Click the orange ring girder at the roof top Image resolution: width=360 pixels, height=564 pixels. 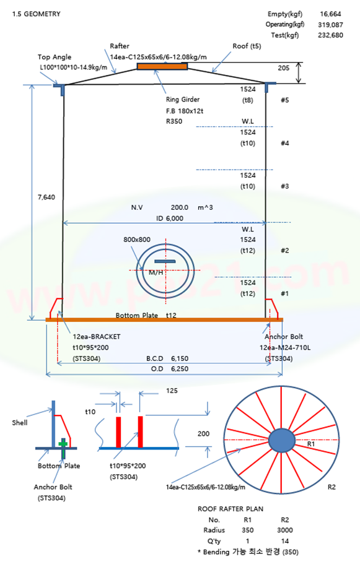click(x=162, y=66)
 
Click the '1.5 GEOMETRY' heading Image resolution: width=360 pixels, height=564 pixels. click(x=37, y=14)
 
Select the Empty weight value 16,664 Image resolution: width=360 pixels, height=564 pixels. click(x=330, y=14)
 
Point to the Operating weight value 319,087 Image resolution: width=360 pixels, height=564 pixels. click(x=330, y=25)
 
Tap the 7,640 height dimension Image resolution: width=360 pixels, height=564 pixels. click(x=46, y=197)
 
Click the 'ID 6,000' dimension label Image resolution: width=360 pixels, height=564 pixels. click(x=170, y=219)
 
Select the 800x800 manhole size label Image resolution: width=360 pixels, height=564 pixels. click(x=137, y=240)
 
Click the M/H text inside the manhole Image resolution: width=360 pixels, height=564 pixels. click(x=156, y=272)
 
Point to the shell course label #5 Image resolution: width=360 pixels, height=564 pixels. click(x=285, y=100)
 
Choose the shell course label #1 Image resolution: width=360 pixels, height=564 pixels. click(x=285, y=293)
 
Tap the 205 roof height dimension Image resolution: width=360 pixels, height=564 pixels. click(x=284, y=68)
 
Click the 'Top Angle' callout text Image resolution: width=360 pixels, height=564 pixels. click(x=55, y=57)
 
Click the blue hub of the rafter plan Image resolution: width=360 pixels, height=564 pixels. click(x=281, y=440)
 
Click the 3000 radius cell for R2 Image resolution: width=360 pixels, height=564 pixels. click(x=285, y=530)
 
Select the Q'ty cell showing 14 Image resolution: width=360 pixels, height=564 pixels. click(x=285, y=541)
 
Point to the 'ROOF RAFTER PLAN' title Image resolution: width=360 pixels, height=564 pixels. click(x=230, y=509)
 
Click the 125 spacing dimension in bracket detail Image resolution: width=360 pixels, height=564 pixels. click(x=172, y=391)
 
